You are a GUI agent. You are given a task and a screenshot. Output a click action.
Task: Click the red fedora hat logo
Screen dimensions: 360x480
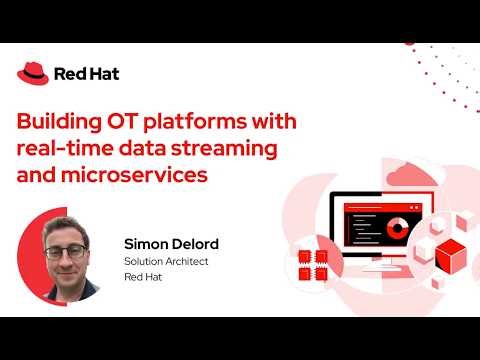[x=33, y=72]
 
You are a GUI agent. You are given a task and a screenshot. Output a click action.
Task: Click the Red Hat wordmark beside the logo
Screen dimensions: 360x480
[x=76, y=73]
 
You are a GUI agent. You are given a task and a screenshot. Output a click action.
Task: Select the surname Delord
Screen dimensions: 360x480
[x=194, y=243]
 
